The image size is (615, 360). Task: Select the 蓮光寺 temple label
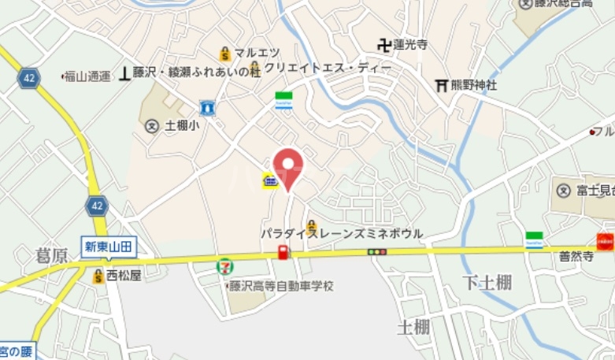point(410,46)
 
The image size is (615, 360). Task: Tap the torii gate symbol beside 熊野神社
point(441,85)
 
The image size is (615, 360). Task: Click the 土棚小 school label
point(183,125)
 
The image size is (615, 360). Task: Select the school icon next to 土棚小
point(153,125)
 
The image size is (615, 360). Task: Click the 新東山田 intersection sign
point(109,246)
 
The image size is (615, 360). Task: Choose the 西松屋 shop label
point(123,276)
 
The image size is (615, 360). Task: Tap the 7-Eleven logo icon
point(225,266)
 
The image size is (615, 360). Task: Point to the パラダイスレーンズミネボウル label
point(343,234)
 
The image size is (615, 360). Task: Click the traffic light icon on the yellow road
point(377,252)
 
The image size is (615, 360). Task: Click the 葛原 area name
point(53,254)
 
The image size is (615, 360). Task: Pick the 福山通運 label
point(88,76)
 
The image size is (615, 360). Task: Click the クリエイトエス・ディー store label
point(328,69)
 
